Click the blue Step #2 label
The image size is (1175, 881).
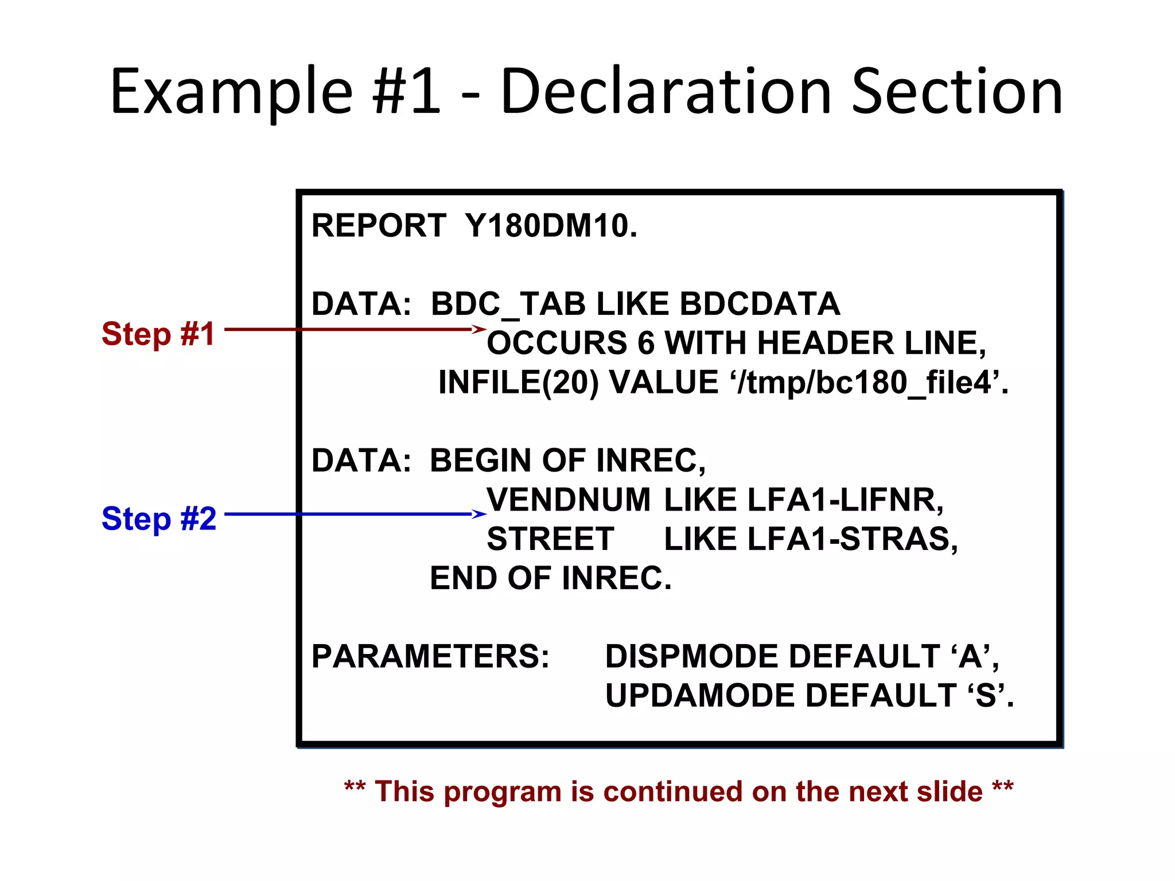point(159,519)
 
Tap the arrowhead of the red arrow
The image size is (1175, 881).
point(480,329)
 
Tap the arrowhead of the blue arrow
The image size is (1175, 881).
point(480,514)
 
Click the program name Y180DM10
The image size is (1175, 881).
point(551,225)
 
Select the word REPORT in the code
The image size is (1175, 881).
point(379,225)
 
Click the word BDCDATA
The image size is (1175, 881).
point(760,304)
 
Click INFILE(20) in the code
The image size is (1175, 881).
point(518,382)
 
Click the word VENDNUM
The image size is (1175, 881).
point(569,500)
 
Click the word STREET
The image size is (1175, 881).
point(550,539)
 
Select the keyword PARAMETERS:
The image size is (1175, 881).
point(430,656)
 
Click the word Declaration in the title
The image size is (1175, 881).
point(666,92)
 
